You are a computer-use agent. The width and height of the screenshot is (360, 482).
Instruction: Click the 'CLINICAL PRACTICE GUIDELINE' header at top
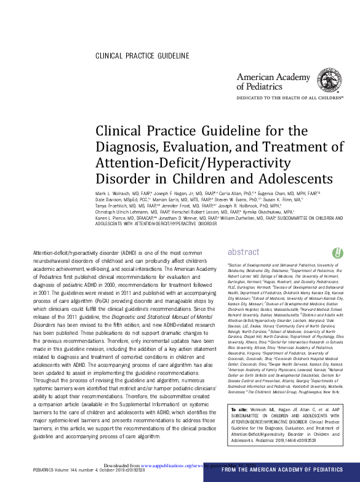[x=142, y=57]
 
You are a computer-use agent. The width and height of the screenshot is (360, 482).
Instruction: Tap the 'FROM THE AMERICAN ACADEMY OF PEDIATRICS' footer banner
[x=287, y=470]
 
